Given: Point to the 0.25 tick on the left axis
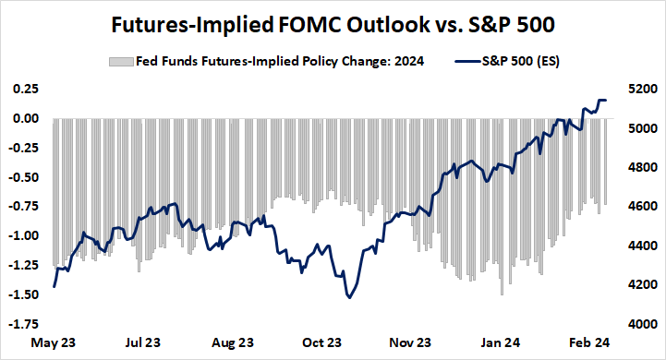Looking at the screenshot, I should (x=24, y=89).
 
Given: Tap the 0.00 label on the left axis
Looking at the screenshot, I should (x=24, y=118).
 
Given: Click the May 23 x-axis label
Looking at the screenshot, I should (x=54, y=342).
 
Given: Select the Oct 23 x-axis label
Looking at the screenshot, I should (x=322, y=342).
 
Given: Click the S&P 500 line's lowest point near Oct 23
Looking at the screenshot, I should (x=349, y=297).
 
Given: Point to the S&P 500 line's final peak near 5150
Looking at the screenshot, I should (x=602, y=100).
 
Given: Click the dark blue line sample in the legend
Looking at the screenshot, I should (x=469, y=61).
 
